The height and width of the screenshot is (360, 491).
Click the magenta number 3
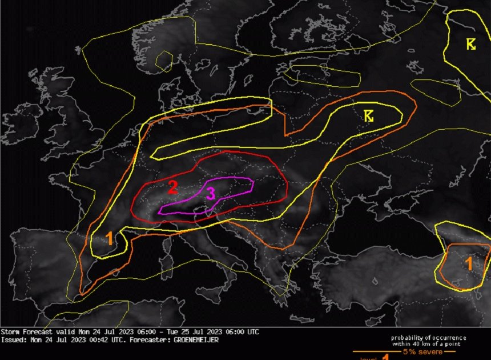click(x=210, y=194)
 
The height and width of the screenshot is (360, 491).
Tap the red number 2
click(x=174, y=186)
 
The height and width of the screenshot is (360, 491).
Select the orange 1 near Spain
click(x=110, y=239)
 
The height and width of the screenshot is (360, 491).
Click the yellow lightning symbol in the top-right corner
click(x=471, y=44)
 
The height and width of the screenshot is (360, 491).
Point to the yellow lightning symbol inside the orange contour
click(x=369, y=116)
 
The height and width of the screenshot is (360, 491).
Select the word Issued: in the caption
click(x=13, y=339)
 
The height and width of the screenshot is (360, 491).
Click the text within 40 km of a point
click(x=426, y=344)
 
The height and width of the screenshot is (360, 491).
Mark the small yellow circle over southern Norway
click(x=164, y=59)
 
